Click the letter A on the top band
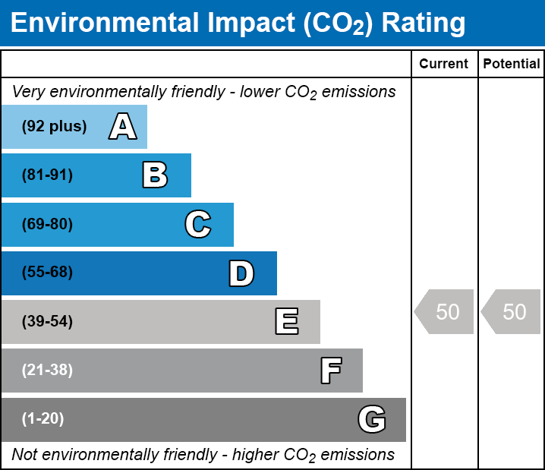point(123,126)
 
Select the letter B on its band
point(155,175)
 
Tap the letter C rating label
point(198,224)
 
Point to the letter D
point(241,273)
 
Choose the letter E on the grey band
point(286,322)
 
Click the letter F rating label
point(330,371)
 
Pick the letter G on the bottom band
point(372,419)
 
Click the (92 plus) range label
point(54,126)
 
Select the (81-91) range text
point(47,175)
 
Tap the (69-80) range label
point(47,224)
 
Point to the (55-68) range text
point(47,273)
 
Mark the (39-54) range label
point(47,322)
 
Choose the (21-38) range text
point(47,371)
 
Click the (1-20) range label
point(43,419)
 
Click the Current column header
point(444,65)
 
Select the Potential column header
point(512,65)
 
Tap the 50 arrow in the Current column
point(445,311)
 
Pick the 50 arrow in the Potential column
point(512,311)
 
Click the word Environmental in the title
point(102,24)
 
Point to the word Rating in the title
point(423,24)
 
